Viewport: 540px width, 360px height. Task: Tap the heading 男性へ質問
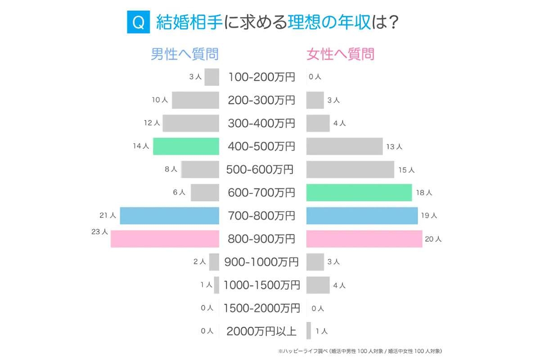point(184,54)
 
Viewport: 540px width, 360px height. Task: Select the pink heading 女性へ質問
point(340,54)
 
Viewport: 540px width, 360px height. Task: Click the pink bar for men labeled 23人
point(165,238)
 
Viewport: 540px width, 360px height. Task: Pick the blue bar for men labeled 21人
point(169,216)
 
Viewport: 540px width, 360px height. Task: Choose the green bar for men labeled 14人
point(186,146)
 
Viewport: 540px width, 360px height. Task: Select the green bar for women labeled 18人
point(359,193)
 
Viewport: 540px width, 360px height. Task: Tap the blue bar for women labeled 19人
point(362,216)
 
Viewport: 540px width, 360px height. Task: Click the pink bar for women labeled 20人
point(364,238)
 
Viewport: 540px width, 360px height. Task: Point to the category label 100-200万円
point(261,77)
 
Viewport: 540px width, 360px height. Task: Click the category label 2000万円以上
point(261,331)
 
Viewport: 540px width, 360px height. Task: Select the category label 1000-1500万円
point(261,285)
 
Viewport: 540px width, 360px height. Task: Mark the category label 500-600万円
point(260,170)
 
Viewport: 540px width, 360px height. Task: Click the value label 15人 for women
point(406,170)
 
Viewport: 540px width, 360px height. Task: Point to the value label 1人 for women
point(322,332)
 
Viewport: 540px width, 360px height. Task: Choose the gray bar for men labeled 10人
point(195,100)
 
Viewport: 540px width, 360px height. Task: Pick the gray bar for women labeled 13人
point(344,146)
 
